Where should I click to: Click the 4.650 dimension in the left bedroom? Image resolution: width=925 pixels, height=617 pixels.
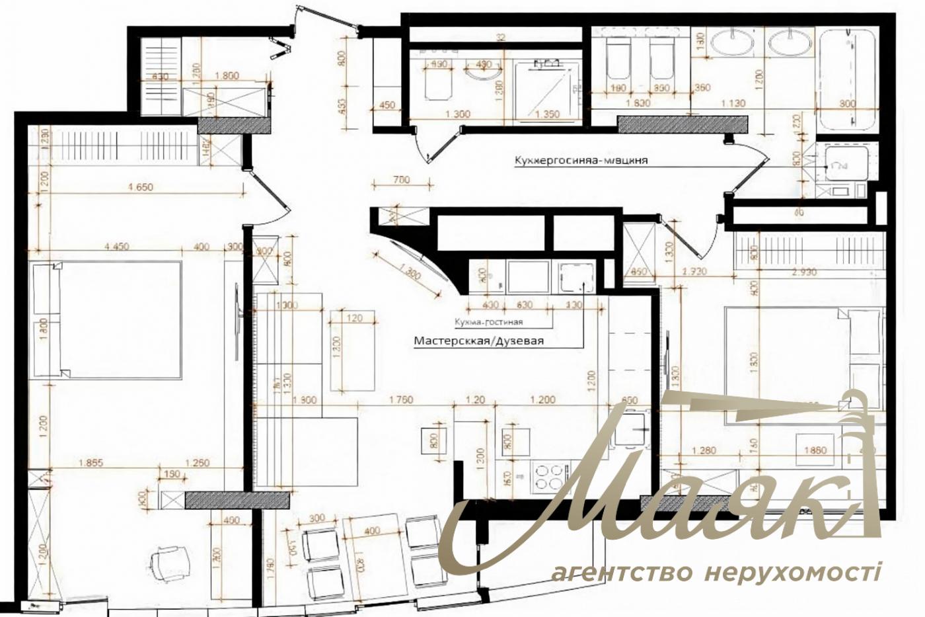pyautogui.click(x=139, y=187)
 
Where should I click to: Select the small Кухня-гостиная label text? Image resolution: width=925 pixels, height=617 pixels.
pyautogui.click(x=488, y=322)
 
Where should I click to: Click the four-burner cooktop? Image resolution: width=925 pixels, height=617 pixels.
pyautogui.click(x=548, y=477)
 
